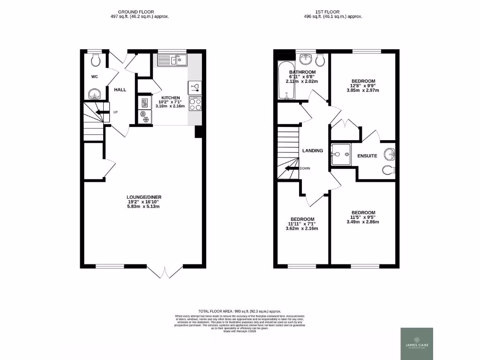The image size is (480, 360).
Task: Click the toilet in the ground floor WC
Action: coord(96,59)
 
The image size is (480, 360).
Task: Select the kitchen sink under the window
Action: coord(172,60)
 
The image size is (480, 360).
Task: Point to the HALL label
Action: coord(120,89)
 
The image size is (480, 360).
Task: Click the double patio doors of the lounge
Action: coord(165,273)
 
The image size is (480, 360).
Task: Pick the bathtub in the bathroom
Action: coord(285,81)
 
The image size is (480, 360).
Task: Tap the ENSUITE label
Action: coord(367,156)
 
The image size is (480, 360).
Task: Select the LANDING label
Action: coord(313,150)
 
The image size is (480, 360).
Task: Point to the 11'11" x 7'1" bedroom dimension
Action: coord(302,224)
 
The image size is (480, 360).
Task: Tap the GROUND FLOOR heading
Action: coord(136,12)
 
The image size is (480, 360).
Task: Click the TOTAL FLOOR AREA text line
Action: coord(240,311)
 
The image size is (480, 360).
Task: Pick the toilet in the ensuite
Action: coord(390,169)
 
